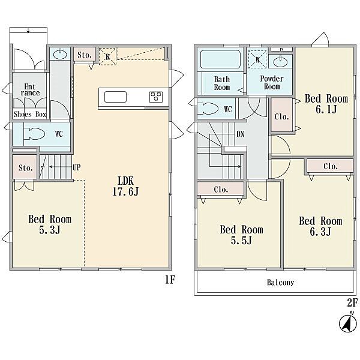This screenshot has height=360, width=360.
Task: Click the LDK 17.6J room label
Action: (125, 186)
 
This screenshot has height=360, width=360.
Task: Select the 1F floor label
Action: (170, 280)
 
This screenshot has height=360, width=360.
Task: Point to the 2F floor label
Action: (352, 303)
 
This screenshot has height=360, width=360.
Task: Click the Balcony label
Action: (281, 283)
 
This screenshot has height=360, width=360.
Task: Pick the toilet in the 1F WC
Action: (34, 133)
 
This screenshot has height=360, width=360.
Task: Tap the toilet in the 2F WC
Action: (208, 109)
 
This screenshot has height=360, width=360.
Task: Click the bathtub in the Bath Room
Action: (220, 59)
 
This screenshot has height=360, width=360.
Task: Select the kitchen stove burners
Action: (156, 97)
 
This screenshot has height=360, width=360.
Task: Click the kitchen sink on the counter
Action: (115, 97)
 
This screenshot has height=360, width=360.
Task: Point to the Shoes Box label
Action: (30, 114)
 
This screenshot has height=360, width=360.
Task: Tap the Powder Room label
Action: (272, 82)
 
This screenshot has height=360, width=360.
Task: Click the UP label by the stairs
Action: (77, 167)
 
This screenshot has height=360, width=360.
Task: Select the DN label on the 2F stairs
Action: (241, 134)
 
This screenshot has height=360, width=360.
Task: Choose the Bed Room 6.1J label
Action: (326, 104)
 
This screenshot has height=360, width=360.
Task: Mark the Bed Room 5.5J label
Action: (241, 235)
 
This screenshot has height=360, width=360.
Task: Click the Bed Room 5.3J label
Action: (50, 224)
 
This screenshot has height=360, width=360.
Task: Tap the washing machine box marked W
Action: (257, 59)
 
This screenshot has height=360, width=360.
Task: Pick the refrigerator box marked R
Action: (108, 56)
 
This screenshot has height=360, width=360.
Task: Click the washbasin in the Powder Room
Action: (280, 62)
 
